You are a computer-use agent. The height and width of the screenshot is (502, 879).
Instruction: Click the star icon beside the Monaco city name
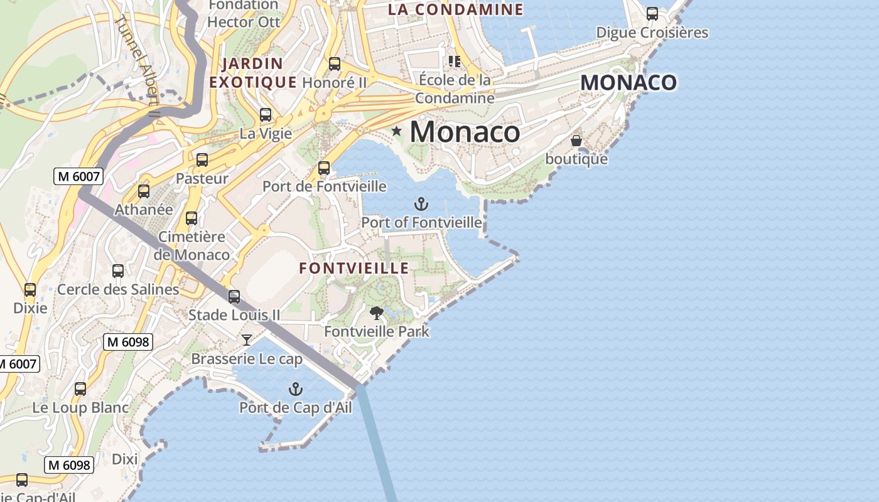click(x=396, y=131)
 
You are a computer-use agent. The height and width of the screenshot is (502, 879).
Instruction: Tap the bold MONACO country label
click(x=628, y=82)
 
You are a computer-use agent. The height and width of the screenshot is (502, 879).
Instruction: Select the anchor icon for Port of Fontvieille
click(x=421, y=203)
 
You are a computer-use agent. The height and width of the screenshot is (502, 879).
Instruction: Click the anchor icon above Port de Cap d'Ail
click(x=295, y=389)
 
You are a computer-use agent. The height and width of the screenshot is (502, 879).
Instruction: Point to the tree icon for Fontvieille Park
click(x=376, y=312)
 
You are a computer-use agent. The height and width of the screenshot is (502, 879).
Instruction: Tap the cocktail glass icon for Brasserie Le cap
click(x=247, y=340)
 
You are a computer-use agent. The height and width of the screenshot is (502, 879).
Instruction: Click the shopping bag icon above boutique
click(x=576, y=141)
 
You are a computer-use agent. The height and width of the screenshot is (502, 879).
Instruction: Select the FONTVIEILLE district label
click(x=354, y=269)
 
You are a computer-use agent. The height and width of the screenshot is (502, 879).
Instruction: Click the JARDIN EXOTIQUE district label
click(x=253, y=73)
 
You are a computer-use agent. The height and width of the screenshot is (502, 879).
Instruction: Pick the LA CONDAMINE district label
click(x=455, y=9)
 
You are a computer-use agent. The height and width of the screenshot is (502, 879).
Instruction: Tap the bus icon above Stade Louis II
click(x=234, y=297)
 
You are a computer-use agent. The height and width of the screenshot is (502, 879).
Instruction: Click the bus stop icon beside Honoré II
click(x=335, y=64)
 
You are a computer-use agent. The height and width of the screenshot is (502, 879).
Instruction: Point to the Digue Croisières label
click(x=652, y=33)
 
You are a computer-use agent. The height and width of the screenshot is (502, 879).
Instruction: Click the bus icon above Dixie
click(x=30, y=290)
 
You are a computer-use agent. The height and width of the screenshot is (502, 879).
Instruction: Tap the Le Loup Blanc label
click(x=80, y=408)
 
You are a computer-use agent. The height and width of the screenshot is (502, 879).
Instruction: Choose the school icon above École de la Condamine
click(x=454, y=61)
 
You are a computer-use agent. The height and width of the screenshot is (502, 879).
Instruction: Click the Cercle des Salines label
click(x=118, y=290)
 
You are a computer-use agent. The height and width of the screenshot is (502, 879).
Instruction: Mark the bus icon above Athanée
click(x=144, y=191)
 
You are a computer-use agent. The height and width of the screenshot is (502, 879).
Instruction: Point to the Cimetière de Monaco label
click(x=192, y=246)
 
